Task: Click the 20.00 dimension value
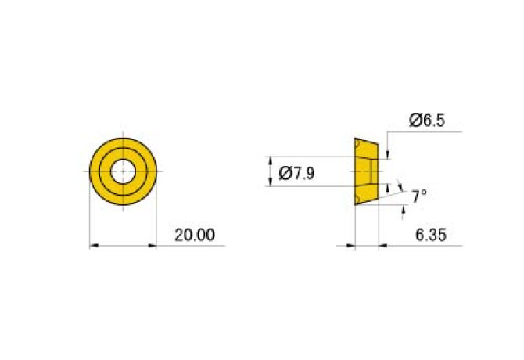click(195, 235)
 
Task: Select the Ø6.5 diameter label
click(427, 120)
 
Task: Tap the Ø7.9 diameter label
click(296, 174)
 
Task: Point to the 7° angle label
click(418, 196)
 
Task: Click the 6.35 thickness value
click(430, 235)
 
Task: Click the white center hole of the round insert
click(123, 171)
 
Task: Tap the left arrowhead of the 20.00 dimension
click(94, 246)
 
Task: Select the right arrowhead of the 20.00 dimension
click(152, 246)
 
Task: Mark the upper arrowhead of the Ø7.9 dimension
click(271, 160)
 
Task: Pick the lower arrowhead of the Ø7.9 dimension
click(271, 182)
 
